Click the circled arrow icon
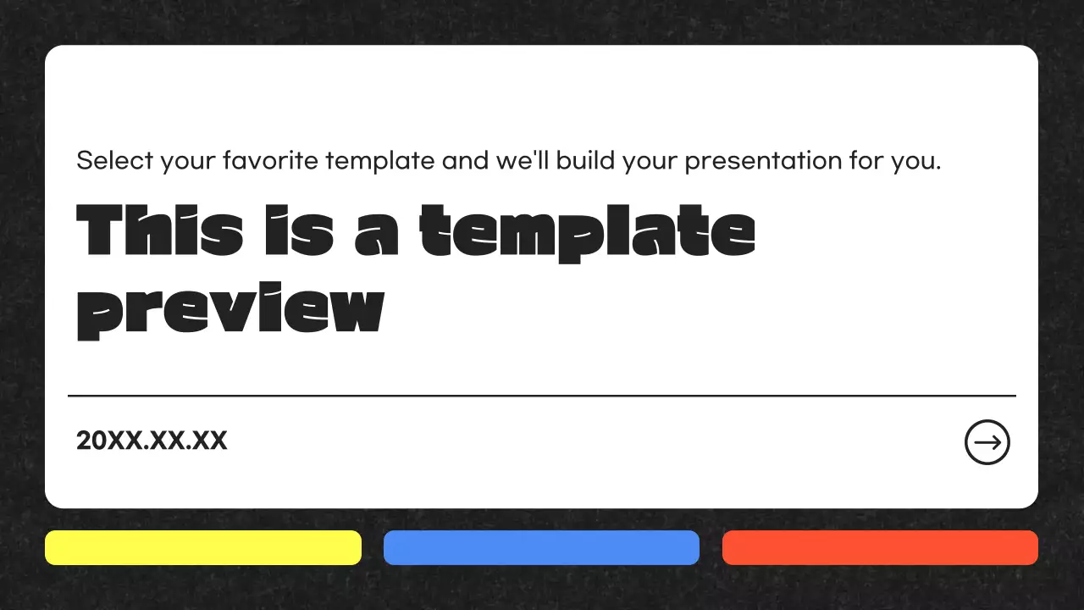pyautogui.click(x=987, y=442)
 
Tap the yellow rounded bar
pyautogui.click(x=203, y=547)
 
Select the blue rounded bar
pyautogui.click(x=541, y=547)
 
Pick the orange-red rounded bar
pyautogui.click(x=880, y=547)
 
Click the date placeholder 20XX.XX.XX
pyautogui.click(x=152, y=441)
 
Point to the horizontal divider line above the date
pyautogui.click(x=542, y=396)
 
